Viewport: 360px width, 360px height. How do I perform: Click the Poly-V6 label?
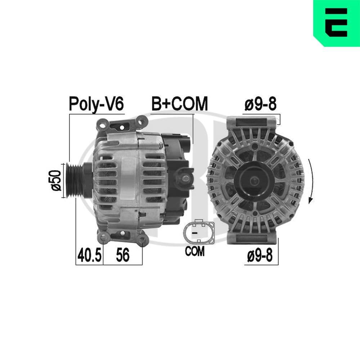tap(96, 104)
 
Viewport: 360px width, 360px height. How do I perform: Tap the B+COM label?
tap(179, 104)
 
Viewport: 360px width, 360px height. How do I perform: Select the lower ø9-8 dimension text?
tap(260, 256)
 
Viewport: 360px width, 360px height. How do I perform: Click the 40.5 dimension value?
tap(89, 256)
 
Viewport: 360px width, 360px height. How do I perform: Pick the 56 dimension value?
tap(122, 256)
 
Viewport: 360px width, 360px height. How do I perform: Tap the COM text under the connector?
tap(194, 251)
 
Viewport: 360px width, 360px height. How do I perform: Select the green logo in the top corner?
tap(336, 23)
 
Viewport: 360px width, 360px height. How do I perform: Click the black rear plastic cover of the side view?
tap(175, 176)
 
